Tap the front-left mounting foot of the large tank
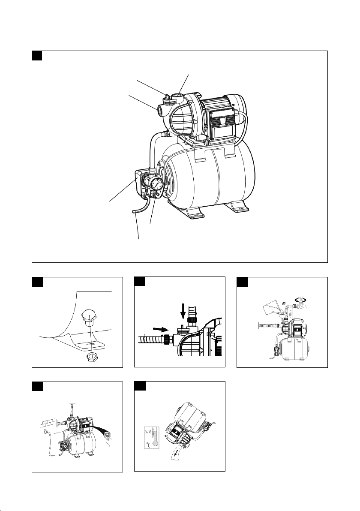point(195,212)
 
